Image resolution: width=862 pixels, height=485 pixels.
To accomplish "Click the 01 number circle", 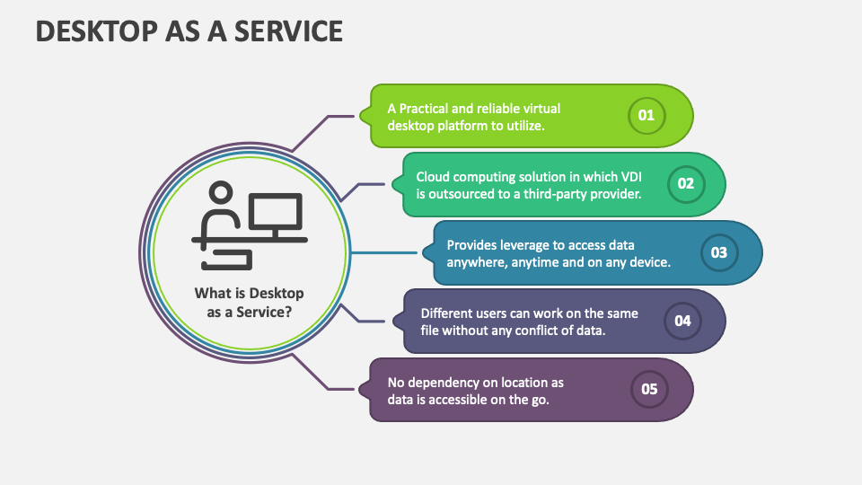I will [646, 116].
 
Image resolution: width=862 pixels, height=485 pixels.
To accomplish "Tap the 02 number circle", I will [686, 184].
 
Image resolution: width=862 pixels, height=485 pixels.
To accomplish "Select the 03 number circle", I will [719, 253].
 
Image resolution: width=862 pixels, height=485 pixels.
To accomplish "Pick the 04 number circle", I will [682, 321].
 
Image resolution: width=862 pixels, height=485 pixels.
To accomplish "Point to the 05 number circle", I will [649, 390].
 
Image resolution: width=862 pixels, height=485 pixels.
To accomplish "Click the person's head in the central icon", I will [221, 193].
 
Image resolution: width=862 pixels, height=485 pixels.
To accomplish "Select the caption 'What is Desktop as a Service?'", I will [249, 302].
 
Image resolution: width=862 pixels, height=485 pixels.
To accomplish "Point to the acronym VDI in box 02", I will [629, 177].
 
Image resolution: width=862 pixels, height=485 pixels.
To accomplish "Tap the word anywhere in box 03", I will [478, 262].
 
